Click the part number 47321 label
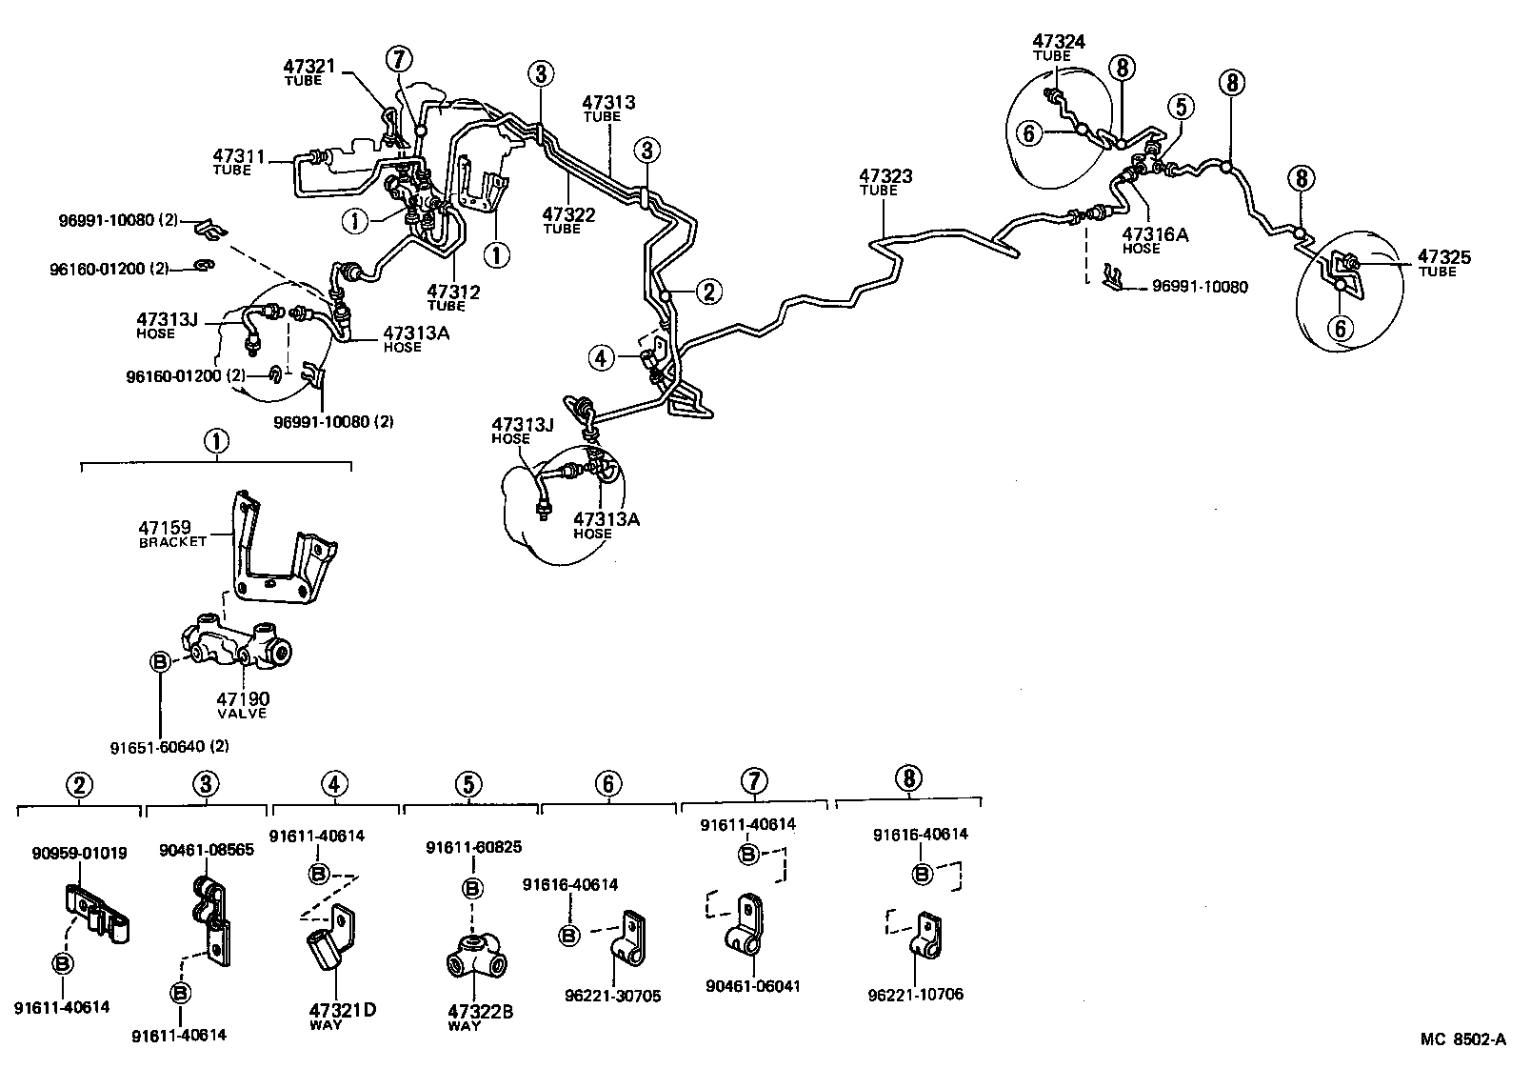(x=309, y=66)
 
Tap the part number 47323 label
(x=885, y=176)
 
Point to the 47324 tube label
(x=1060, y=41)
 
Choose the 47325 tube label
(x=1443, y=256)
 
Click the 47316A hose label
(x=1155, y=234)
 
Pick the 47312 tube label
(x=452, y=292)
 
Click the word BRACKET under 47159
(x=172, y=541)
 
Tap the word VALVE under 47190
(x=243, y=713)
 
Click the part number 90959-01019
(x=79, y=853)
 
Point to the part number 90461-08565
(x=207, y=850)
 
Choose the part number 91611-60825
(x=473, y=847)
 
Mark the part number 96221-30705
(x=612, y=996)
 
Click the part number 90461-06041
(x=752, y=986)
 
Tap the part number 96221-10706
(x=916, y=994)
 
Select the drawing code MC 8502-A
(x=1463, y=1039)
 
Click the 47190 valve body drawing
(x=236, y=646)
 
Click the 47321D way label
(x=342, y=1011)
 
